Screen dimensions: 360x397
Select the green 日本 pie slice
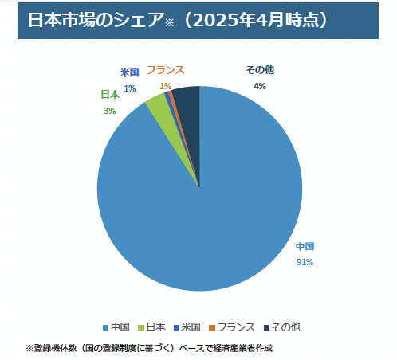(x=159, y=104)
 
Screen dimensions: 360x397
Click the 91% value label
(x=305, y=261)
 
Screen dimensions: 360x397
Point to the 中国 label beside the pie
(x=305, y=246)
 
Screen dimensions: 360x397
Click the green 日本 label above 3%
(x=110, y=94)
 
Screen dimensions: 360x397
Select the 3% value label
(x=109, y=111)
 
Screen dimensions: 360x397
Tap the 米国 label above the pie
(x=129, y=72)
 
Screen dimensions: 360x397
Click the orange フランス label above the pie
(x=166, y=71)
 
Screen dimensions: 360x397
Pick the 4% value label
(x=259, y=86)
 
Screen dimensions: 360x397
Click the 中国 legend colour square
(x=104, y=327)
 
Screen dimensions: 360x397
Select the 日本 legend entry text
(x=155, y=327)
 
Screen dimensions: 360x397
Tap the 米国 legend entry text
(x=191, y=327)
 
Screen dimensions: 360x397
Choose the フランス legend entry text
(x=237, y=327)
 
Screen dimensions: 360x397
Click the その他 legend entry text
(x=285, y=327)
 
